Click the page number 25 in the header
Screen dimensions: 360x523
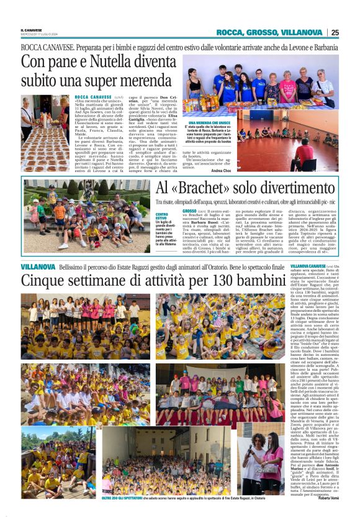point(335,32)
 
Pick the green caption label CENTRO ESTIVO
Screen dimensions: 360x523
point(161,216)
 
